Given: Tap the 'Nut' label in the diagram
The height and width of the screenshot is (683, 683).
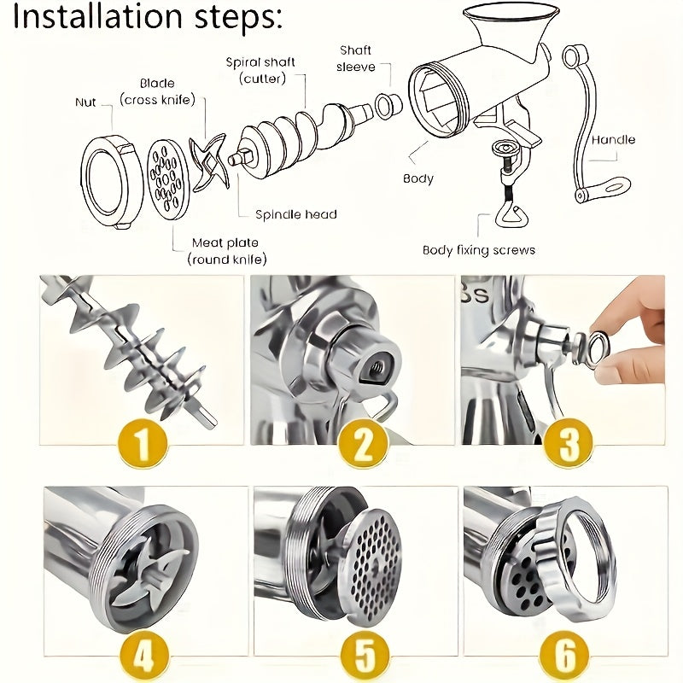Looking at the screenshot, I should click(85, 102).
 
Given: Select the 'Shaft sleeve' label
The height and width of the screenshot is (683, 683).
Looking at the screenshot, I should click(356, 59).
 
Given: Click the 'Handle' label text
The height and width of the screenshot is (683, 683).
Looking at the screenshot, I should click(613, 139).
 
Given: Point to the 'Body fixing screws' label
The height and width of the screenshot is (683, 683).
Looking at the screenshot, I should click(479, 250).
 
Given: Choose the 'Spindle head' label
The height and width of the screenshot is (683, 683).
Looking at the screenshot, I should click(296, 214).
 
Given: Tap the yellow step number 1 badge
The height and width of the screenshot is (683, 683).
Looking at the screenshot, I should click(142, 443).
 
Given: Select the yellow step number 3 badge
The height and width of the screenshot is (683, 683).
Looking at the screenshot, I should click(569, 443).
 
